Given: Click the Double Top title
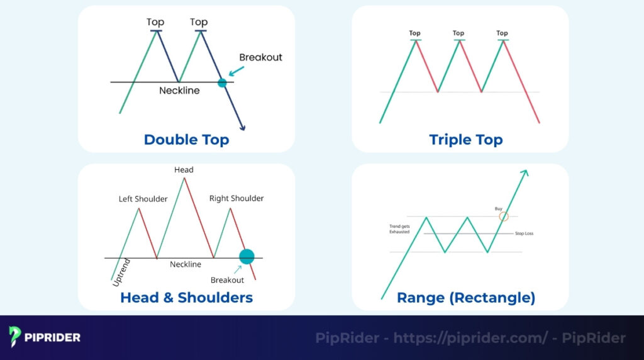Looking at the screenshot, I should click(x=186, y=139).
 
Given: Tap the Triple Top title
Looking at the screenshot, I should click(x=465, y=139).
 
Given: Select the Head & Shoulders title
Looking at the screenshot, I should click(x=186, y=297).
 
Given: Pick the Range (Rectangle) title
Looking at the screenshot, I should click(x=465, y=297).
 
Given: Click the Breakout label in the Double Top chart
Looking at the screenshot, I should click(x=260, y=57).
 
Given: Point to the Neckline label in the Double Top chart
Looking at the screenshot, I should click(x=179, y=91).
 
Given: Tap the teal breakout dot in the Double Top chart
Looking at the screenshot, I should click(x=222, y=82).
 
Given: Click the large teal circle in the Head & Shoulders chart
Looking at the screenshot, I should click(x=247, y=256).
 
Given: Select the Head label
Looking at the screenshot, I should click(x=184, y=170).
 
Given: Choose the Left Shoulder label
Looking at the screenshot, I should click(x=143, y=199).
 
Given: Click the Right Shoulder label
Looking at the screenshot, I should click(x=236, y=198).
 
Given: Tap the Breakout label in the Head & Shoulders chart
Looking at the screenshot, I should click(x=227, y=280).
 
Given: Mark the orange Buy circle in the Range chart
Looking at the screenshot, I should click(x=503, y=217).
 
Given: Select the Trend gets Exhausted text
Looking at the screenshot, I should click(x=399, y=228).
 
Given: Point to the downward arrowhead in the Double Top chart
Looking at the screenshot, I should click(x=243, y=128).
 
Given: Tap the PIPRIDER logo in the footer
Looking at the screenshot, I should click(x=45, y=337).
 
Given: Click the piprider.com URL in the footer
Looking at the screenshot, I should click(x=470, y=338).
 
